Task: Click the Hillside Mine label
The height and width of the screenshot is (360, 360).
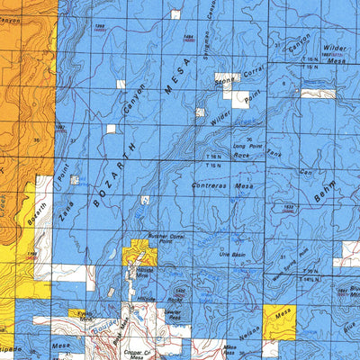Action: click(x=144, y=274)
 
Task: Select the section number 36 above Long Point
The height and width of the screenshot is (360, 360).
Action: click(x=249, y=139)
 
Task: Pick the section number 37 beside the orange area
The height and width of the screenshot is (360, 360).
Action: click(x=73, y=140)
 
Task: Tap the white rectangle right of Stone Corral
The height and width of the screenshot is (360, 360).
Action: click(x=240, y=100)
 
